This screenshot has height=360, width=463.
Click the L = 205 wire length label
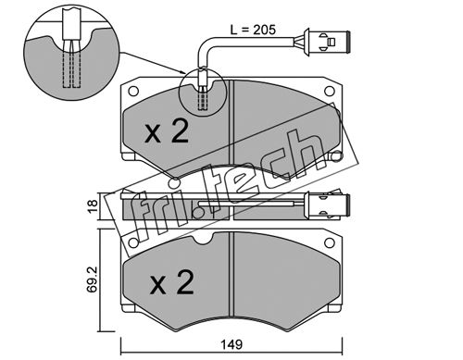tap(253, 30)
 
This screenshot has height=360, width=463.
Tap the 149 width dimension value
tap(231, 344)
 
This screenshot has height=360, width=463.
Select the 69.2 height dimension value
tap(93, 279)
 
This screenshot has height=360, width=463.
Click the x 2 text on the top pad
tap(167, 132)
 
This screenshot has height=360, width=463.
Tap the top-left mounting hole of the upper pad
tap(133, 92)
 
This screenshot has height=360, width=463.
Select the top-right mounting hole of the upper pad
tap(330, 91)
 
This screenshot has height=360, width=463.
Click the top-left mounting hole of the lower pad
tap(133, 242)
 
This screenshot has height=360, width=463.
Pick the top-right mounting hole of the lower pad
tap(330, 242)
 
